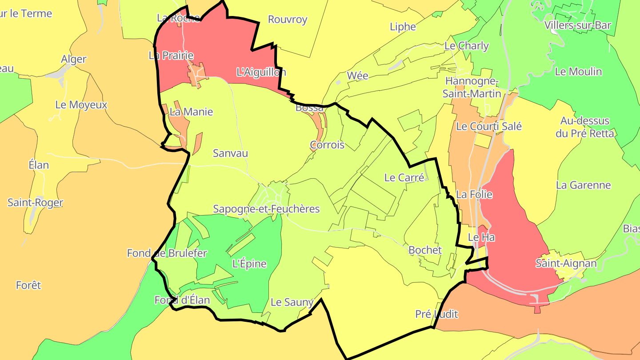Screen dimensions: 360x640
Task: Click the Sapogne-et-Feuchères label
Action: click(266, 209)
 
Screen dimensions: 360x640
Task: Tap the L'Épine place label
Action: click(249, 264)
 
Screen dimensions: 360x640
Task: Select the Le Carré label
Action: click(404, 178)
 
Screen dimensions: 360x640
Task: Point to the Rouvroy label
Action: click(288, 20)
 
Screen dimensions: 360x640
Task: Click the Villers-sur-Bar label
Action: click(578, 25)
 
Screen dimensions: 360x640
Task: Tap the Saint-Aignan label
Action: click(566, 264)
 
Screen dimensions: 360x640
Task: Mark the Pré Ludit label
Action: click(436, 314)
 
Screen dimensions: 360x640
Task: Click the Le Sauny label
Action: click(292, 303)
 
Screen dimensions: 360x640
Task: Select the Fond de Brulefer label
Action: click(167, 253)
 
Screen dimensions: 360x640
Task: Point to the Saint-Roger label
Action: click(35, 203)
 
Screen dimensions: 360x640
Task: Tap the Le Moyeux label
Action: click(81, 105)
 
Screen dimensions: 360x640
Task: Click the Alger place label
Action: click(74, 60)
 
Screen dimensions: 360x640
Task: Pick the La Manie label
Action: click(191, 112)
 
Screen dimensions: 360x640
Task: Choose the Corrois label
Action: click(327, 145)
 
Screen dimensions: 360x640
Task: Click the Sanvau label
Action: click(230, 153)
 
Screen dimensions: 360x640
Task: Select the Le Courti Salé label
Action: click(489, 127)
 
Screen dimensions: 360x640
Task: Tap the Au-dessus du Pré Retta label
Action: click(584, 127)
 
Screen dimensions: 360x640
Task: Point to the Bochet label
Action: click(425, 250)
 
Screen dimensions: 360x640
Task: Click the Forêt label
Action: click(28, 285)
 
